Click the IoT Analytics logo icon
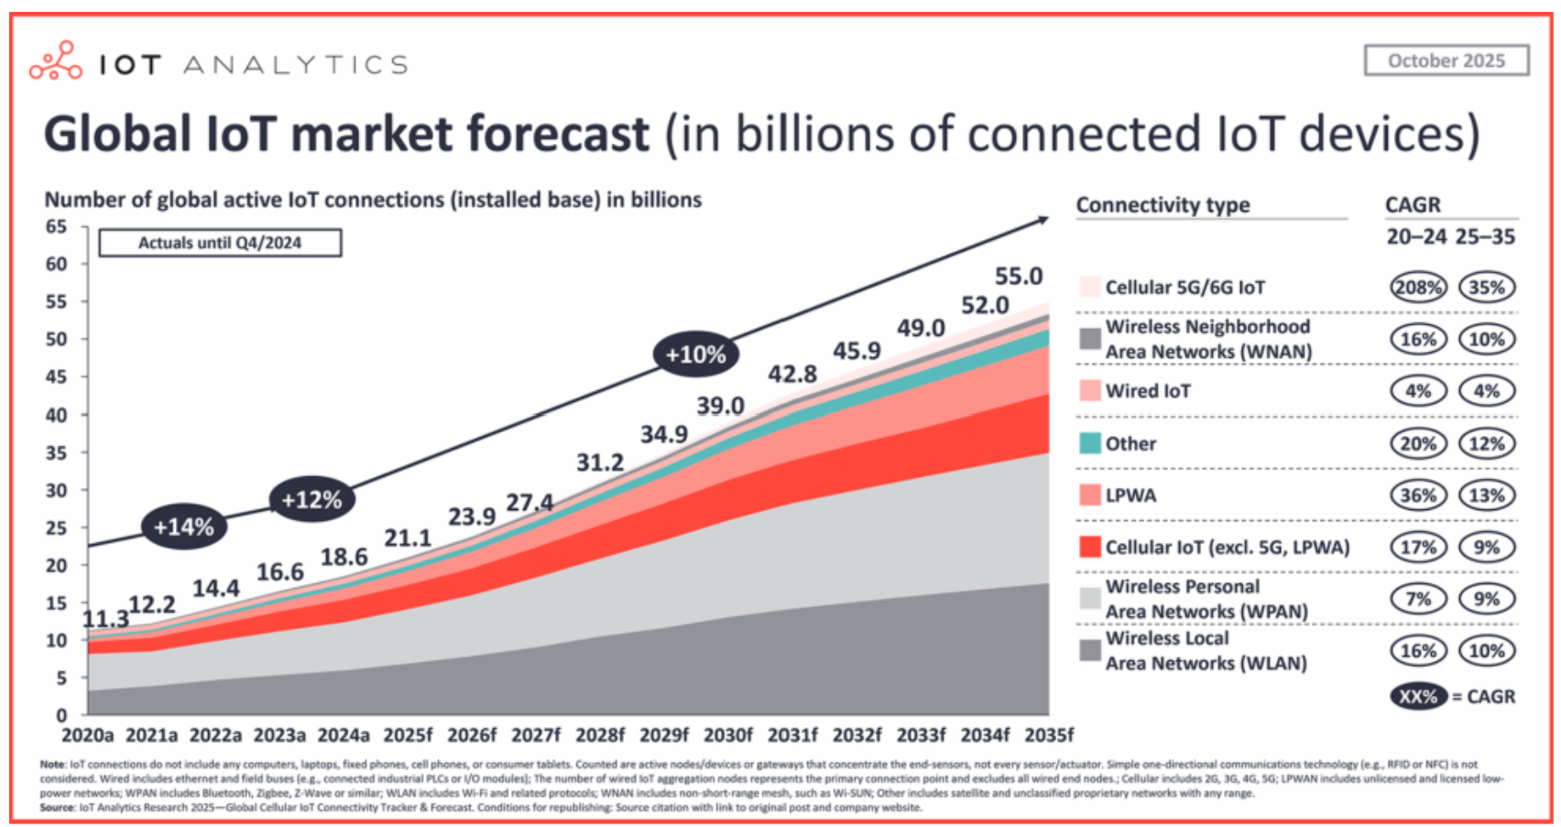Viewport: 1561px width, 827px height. pyautogui.click(x=56, y=60)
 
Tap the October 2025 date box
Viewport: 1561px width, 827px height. pyautogui.click(x=1446, y=60)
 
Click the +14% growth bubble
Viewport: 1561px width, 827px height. pyautogui.click(x=183, y=527)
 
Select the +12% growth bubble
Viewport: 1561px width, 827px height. pyautogui.click(x=311, y=500)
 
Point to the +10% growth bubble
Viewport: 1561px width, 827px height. pyautogui.click(x=695, y=354)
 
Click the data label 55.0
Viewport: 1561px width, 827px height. pyautogui.click(x=1019, y=276)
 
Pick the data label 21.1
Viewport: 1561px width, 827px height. pyautogui.click(x=407, y=538)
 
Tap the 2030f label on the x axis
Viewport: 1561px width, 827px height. pyautogui.click(x=728, y=735)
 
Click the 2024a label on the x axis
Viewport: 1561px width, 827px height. pyautogui.click(x=344, y=735)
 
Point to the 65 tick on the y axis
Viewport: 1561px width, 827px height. pyautogui.click(x=57, y=226)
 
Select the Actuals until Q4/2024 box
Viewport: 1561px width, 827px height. pyautogui.click(x=220, y=243)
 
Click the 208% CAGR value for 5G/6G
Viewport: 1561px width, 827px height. pyautogui.click(x=1417, y=287)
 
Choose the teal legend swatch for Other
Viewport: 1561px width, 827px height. pyautogui.click(x=1089, y=443)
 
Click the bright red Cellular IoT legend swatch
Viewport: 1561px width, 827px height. pyautogui.click(x=1089, y=547)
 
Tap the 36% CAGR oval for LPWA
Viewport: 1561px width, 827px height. pyautogui.click(x=1417, y=495)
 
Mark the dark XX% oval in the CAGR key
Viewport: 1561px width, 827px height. pyautogui.click(x=1417, y=696)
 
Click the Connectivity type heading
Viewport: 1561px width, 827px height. pyautogui.click(x=1163, y=204)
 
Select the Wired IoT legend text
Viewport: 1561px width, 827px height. pyautogui.click(x=1148, y=391)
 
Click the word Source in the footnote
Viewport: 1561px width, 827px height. pyautogui.click(x=57, y=808)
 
